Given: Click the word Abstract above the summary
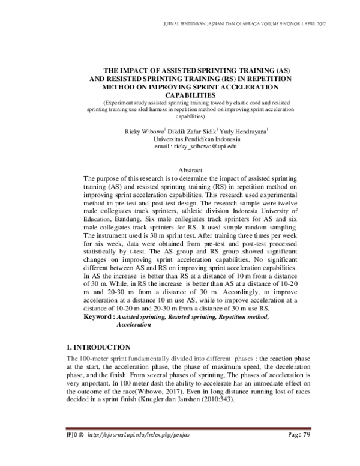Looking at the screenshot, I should click(186, 171).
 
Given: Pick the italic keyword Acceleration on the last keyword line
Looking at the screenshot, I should click(134, 324).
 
